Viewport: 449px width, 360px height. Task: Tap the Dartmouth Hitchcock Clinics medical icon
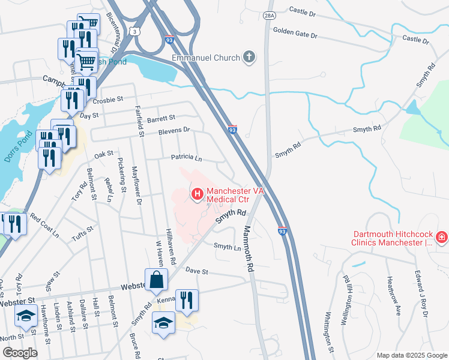(442, 238)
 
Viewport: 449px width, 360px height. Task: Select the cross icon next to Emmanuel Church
(249, 58)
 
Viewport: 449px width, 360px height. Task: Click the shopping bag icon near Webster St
(156, 280)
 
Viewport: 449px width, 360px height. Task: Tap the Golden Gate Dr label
(294, 32)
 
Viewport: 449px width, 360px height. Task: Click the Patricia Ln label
(186, 157)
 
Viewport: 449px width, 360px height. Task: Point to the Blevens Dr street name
(174, 130)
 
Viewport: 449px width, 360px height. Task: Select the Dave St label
(196, 271)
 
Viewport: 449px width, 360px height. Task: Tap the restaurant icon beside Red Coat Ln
(13, 224)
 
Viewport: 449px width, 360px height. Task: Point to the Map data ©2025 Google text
(411, 355)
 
